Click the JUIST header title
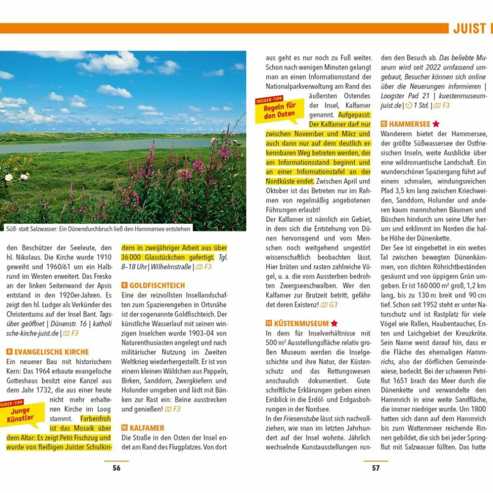(469, 29)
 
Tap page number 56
(116, 468)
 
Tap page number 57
(376, 468)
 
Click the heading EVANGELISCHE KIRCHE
(52, 352)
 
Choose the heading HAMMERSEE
(409, 124)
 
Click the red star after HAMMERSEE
(436, 124)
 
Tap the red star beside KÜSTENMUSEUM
(334, 324)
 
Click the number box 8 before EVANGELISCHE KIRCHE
(9, 352)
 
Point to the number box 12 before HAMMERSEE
(384, 124)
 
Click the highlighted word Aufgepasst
(354, 115)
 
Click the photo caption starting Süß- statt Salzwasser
(98, 229)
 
